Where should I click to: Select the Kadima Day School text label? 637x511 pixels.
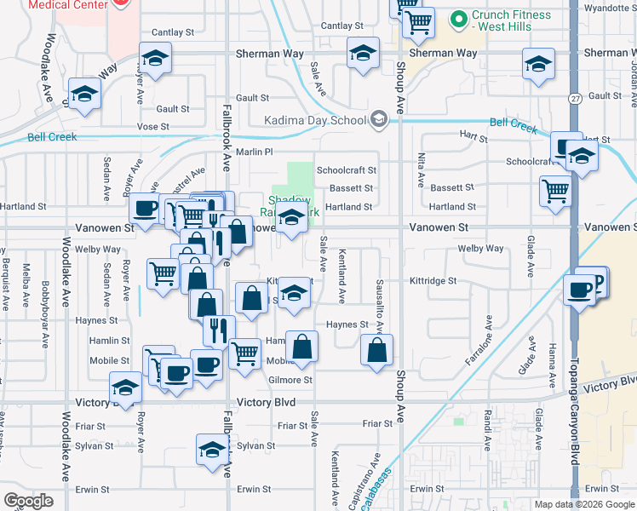(x=314, y=120)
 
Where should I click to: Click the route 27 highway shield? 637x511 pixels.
(x=576, y=99)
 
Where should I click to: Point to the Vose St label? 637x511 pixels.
(x=153, y=126)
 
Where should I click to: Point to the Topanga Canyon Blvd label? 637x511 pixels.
(x=575, y=418)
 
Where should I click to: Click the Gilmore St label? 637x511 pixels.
(x=291, y=380)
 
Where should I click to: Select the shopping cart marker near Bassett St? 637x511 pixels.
(x=555, y=191)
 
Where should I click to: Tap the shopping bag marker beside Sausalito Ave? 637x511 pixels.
(x=376, y=349)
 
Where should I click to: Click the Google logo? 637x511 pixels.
(x=29, y=501)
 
